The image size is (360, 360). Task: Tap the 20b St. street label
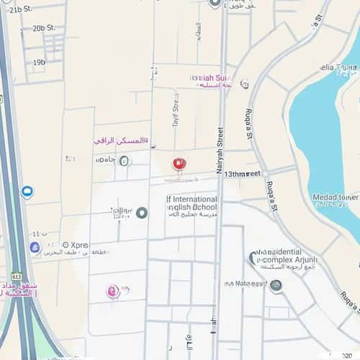click(x=42, y=29)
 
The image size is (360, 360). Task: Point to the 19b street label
click(x=39, y=63)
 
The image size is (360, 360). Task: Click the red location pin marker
click(x=179, y=164)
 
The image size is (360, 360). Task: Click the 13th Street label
click(x=242, y=174)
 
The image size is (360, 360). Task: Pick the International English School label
click(x=192, y=203)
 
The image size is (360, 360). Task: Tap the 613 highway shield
click(x=17, y=276)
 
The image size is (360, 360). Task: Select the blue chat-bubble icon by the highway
click(x=27, y=192)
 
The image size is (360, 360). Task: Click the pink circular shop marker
click(x=112, y=291)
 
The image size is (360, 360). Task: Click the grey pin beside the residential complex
click(x=254, y=257)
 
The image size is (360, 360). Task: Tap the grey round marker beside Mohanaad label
click(x=275, y=285)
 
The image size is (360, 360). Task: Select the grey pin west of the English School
click(x=142, y=212)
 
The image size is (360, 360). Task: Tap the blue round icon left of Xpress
click(x=35, y=247)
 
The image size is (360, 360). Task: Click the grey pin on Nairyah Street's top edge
click(x=214, y=3)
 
